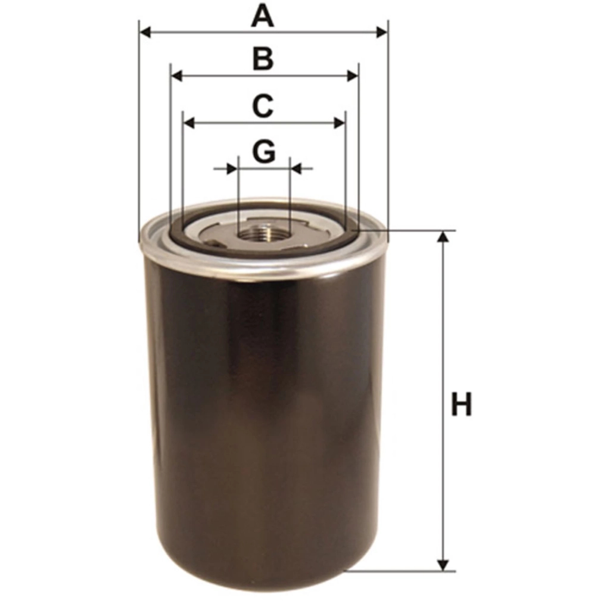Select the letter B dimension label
coord(263,59)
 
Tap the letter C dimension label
coord(263,106)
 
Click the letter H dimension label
coord(461,404)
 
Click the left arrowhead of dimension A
coord(145,33)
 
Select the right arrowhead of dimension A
coord(381,33)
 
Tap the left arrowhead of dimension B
coord(177,76)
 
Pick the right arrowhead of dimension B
coord(352,76)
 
